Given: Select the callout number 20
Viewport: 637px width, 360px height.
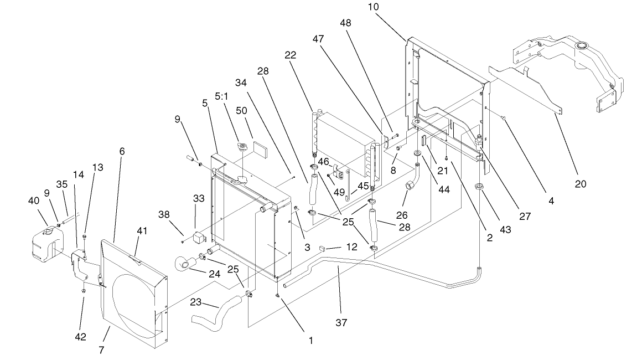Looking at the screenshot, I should tap(581, 184).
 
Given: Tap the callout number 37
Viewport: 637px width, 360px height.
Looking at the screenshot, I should tap(341, 322).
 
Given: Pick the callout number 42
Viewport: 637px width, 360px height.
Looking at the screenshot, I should tap(81, 337).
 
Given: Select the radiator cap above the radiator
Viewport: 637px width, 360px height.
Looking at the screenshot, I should tap(241, 147).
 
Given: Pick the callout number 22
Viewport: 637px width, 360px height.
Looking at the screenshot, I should tap(290, 55).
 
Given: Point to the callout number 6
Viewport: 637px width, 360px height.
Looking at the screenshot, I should tap(122, 151).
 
